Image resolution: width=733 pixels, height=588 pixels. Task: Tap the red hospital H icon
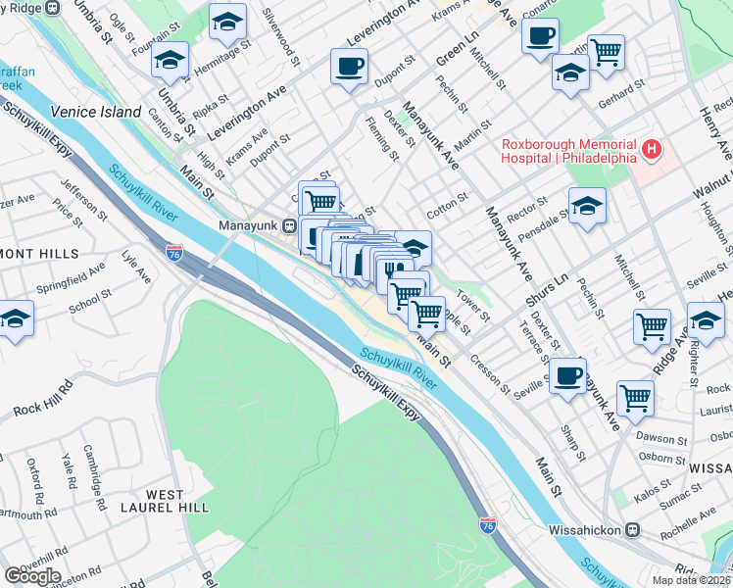[653, 151]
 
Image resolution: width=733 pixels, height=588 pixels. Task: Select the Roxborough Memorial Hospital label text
[568, 151]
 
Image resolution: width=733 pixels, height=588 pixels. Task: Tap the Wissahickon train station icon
[633, 529]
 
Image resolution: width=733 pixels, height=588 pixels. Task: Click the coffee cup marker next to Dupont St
[349, 68]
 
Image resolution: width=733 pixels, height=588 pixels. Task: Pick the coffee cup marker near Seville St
[567, 375]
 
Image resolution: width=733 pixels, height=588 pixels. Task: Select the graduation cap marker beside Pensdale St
[587, 206]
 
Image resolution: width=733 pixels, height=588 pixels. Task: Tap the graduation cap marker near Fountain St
[170, 61]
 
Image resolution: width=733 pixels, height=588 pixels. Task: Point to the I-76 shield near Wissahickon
[488, 526]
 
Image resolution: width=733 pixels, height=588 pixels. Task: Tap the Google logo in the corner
[33, 576]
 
